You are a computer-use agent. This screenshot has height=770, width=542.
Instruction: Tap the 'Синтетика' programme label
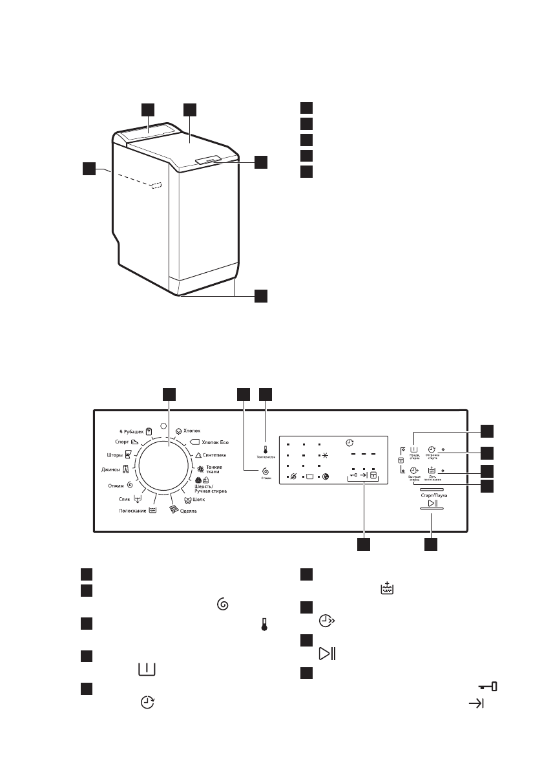pos(211,456)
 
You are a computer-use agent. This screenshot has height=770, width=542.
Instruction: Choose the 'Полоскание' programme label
pos(132,510)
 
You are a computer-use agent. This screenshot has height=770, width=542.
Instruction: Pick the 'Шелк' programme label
pos(198,500)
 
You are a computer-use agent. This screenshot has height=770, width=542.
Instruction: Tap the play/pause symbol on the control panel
pos(432,504)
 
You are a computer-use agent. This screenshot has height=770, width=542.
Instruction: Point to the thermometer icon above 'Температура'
pos(266,449)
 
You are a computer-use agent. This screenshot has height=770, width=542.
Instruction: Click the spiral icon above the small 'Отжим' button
pos(266,472)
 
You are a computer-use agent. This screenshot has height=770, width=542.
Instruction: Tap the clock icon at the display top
pos(349,443)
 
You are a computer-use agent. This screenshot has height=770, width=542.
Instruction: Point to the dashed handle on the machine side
pos(155,186)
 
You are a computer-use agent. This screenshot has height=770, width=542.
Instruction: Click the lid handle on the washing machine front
pos(209,159)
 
